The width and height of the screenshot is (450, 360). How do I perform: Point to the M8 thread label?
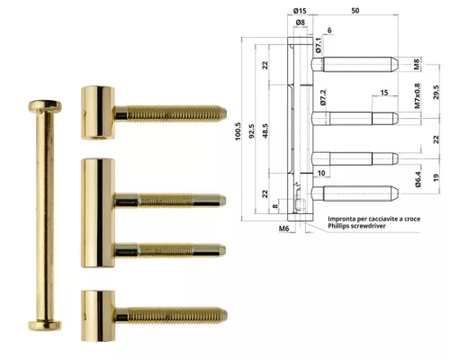(x=416, y=65)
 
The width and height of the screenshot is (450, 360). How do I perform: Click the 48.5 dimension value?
(x=266, y=130)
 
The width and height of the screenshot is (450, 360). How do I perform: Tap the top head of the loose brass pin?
(x=44, y=106)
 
